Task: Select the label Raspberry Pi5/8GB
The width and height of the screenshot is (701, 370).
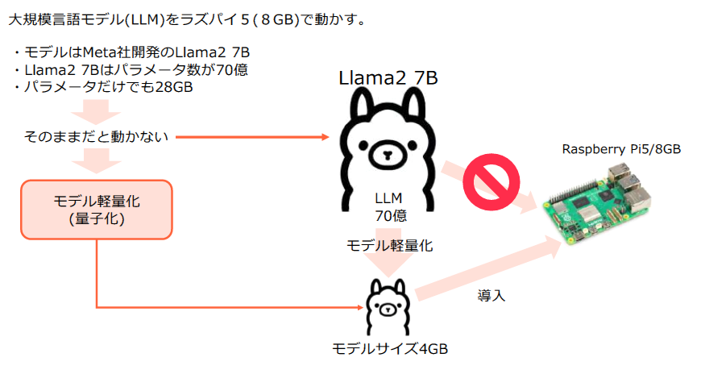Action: (621, 149)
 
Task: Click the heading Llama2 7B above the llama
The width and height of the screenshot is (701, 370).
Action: (388, 78)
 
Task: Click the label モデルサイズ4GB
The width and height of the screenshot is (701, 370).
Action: (390, 349)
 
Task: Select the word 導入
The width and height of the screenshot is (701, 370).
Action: (491, 296)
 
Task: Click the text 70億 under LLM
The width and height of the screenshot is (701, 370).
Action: (390, 215)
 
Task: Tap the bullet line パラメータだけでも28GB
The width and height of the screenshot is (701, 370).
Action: (103, 86)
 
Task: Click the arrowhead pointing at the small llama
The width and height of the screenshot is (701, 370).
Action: (361, 307)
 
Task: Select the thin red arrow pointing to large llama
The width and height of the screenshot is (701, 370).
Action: (254, 136)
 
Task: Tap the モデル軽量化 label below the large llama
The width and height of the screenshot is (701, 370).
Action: (389, 246)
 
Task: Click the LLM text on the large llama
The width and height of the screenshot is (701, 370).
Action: (388, 198)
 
